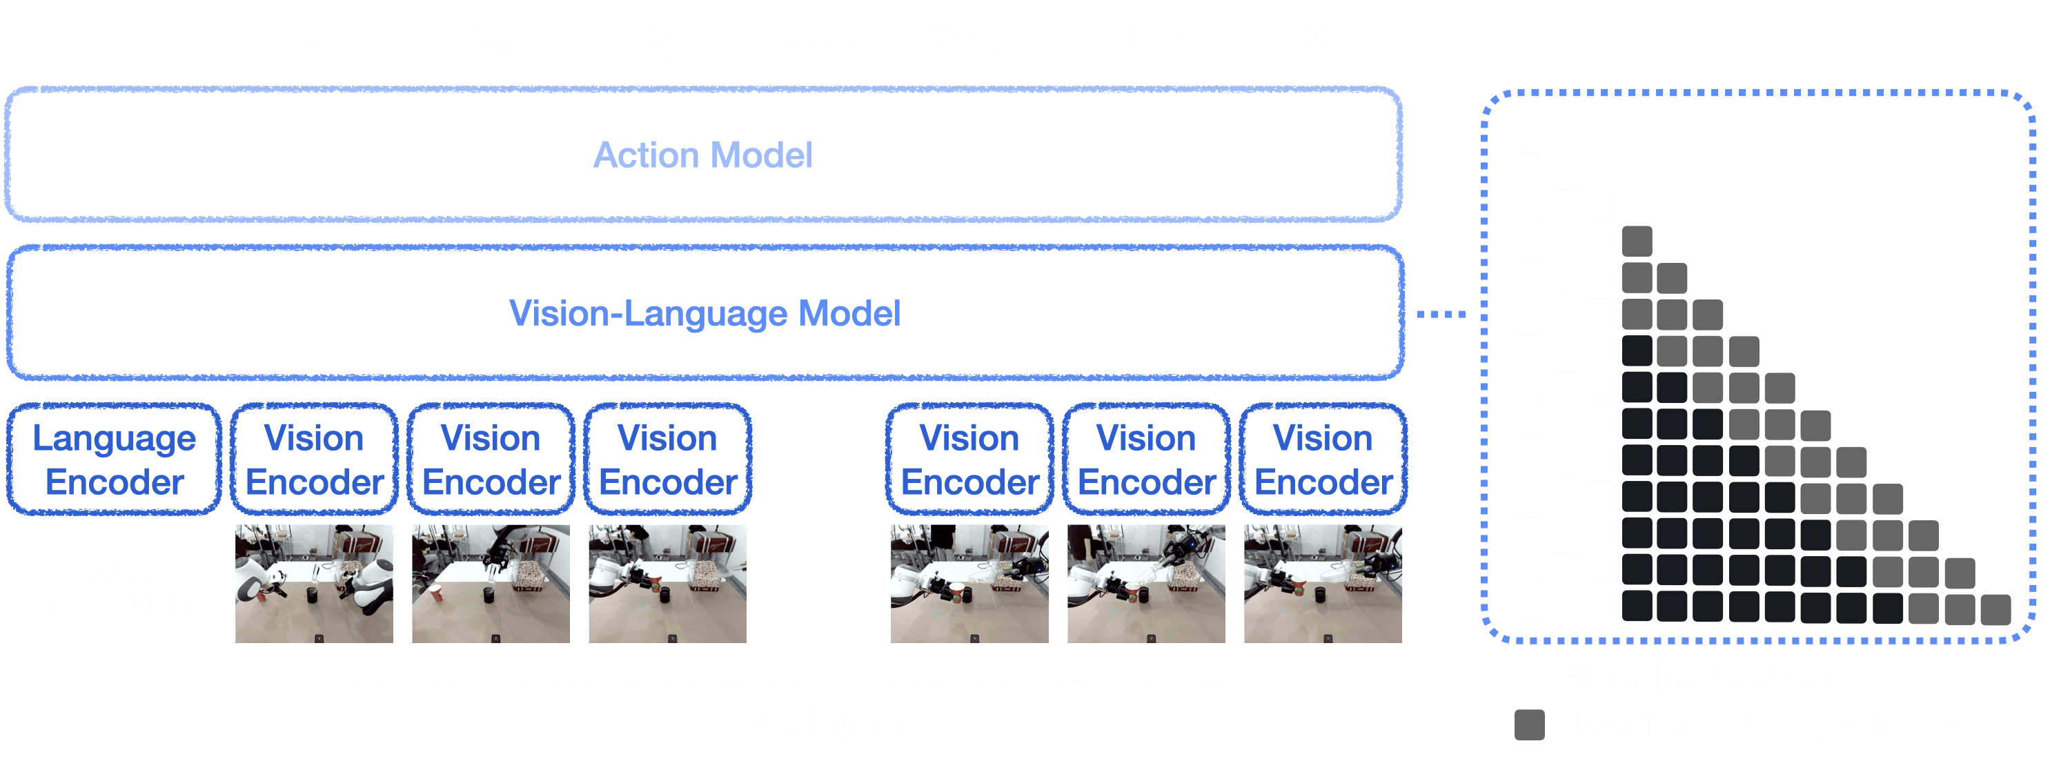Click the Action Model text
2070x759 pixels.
click(x=703, y=155)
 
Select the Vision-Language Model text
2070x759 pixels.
click(x=704, y=313)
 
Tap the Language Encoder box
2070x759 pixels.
click(x=114, y=460)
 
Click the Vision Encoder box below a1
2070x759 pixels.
click(x=314, y=460)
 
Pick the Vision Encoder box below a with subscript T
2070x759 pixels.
click(x=1323, y=460)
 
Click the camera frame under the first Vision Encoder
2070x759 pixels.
click(x=314, y=583)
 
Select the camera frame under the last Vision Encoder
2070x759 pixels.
click(x=1323, y=583)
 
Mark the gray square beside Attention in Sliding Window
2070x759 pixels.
click(x=1529, y=724)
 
